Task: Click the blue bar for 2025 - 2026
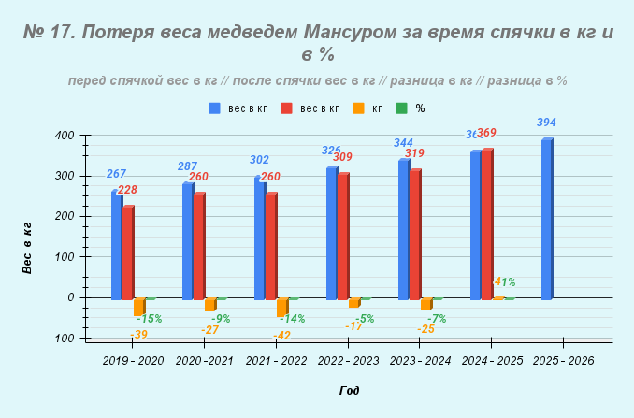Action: point(547,219)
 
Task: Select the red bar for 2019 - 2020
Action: point(128,252)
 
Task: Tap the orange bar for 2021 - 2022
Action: point(281,307)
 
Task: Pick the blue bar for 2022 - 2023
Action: point(331,233)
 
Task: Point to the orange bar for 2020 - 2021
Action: point(210,304)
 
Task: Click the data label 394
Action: point(547,123)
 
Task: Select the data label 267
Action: point(116,174)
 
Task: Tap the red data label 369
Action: point(486,133)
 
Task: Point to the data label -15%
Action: point(149,319)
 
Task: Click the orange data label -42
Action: point(281,336)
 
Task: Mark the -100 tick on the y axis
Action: point(62,338)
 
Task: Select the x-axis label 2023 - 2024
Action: point(420,360)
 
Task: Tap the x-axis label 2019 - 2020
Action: point(133,360)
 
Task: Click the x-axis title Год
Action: point(349,391)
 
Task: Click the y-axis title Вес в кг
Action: point(28,248)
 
